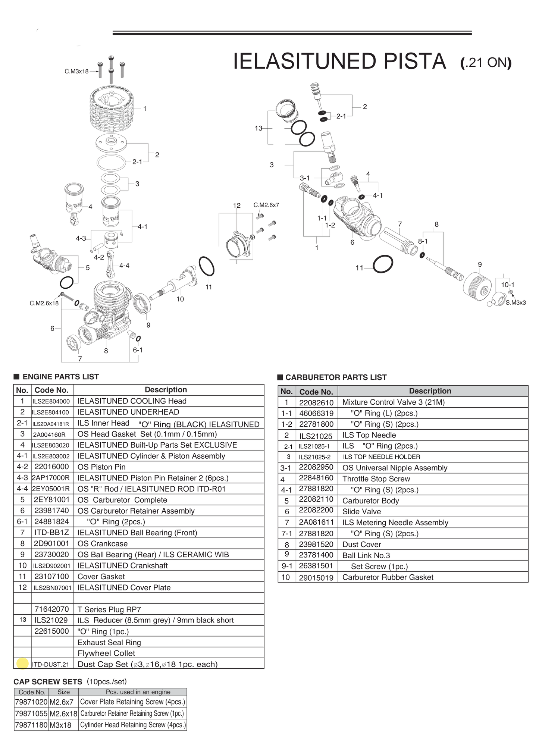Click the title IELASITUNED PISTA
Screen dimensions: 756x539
[339, 62]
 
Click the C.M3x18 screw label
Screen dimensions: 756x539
[76, 71]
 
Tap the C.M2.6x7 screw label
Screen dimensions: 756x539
[266, 205]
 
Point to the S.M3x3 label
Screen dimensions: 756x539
[516, 302]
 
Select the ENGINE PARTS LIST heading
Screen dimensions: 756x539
[60, 377]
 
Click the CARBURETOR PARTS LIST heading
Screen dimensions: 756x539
[336, 377]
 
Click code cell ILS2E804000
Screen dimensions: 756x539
[51, 401]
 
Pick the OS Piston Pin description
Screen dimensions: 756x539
[101, 467]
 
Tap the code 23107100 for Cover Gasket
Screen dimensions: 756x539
[51, 577]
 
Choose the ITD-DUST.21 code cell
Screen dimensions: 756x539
[50, 664]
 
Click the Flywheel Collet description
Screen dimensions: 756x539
[106, 653]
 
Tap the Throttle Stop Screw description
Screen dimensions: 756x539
[376, 479]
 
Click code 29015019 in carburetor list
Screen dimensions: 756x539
[316, 578]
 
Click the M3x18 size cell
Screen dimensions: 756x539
[60, 725]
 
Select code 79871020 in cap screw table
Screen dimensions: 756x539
[31, 702]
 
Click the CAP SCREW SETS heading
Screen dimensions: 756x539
[48, 682]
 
